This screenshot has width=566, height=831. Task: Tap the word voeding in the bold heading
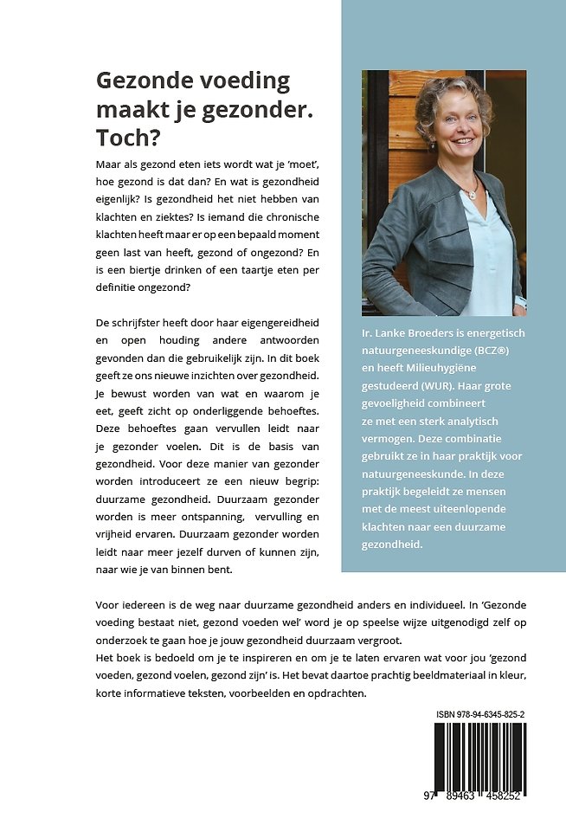pos(237,82)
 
